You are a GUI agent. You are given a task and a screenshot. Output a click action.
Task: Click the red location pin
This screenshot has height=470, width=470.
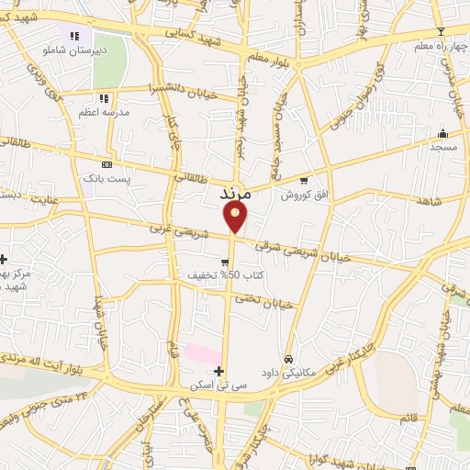tap(236, 217)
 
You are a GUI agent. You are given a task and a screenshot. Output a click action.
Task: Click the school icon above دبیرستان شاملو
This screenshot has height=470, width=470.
tap(74, 36)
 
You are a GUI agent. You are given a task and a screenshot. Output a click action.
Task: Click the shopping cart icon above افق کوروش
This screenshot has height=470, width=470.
tap(304, 181)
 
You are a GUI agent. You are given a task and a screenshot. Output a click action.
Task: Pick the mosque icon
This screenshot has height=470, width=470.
tap(443, 133)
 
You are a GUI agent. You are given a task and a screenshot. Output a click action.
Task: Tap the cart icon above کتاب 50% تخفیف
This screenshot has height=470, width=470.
tap(225, 262)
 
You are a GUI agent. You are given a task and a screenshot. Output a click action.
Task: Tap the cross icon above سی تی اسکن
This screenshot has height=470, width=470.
tap(218, 370)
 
